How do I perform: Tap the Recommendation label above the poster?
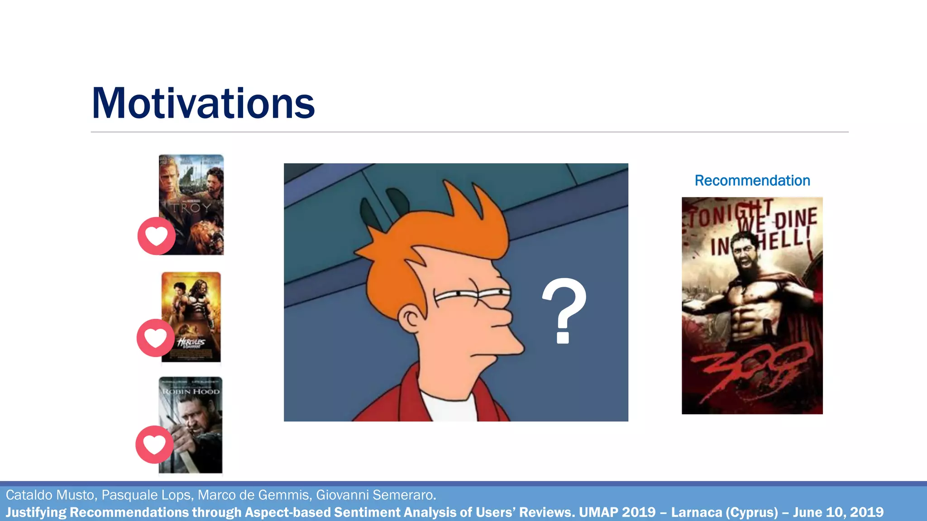click(752, 180)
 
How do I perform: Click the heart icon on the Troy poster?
click(156, 236)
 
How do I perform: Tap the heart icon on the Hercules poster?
click(155, 338)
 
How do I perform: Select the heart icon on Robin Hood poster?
click(154, 445)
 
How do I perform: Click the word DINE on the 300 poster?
click(796, 218)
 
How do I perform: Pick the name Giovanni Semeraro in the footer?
click(376, 495)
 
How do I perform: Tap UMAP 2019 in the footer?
click(617, 512)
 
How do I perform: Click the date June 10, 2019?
click(838, 512)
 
